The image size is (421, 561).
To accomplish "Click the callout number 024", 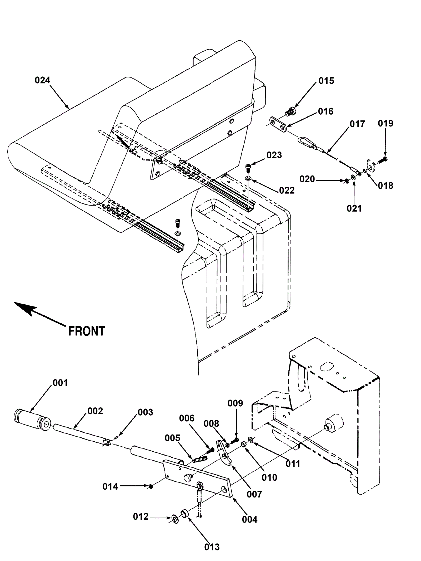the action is pos(42,80).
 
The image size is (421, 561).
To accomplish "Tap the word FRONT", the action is pos(87,331).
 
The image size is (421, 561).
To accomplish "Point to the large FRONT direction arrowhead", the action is pos(25,308).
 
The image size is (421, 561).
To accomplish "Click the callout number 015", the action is pos(326,81).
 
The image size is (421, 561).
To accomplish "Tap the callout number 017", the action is pos(357,124).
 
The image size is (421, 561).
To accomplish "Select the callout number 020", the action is pos(307,179).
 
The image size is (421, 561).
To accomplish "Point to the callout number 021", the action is pos(354,208).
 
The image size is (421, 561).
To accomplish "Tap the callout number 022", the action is pos(287,190).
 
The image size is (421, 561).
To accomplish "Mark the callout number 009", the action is pos(235,403).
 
